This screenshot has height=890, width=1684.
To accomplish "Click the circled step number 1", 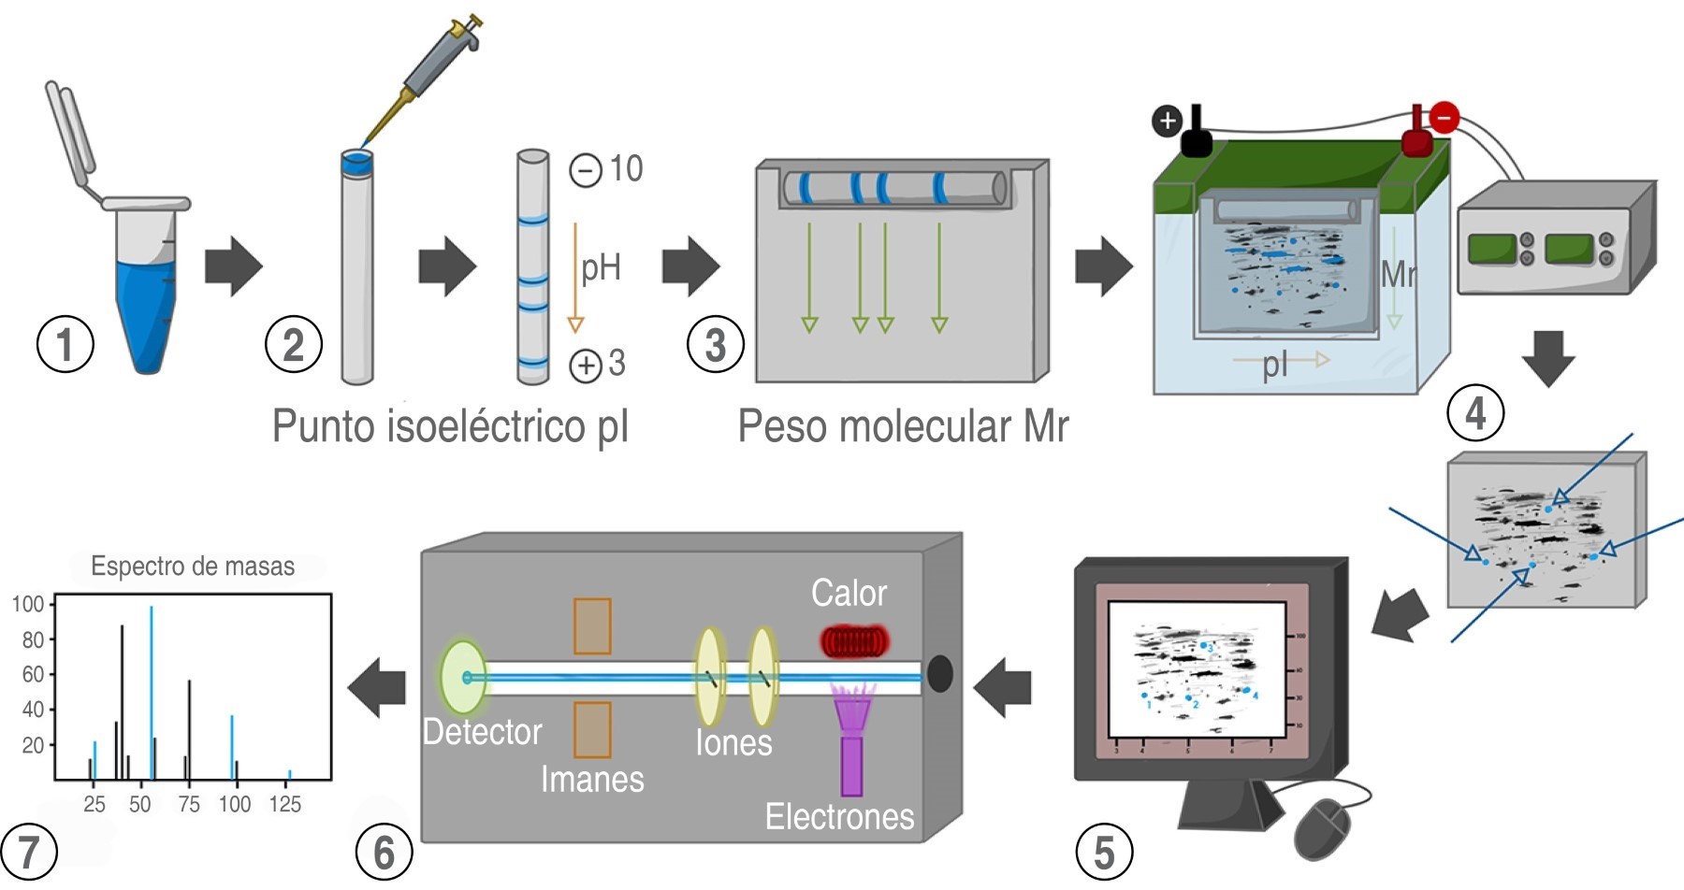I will coord(65,344).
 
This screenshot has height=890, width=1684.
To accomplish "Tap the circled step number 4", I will coord(1474,413).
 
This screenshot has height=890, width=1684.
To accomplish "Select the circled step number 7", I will coord(28,852).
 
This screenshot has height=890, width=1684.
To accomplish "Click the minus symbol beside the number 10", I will coord(586,170).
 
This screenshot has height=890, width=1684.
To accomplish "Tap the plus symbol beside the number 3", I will coord(586,365).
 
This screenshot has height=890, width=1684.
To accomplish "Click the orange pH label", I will coord(601,268).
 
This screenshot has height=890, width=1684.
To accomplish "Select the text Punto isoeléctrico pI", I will coord(450,426).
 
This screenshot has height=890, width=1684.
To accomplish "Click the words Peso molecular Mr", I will coord(903,426).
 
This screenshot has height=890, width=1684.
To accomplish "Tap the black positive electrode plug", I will coord(1196,136).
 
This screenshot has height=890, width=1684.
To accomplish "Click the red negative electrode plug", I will coord(1417,136).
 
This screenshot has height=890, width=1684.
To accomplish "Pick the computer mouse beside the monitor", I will coord(1323,827).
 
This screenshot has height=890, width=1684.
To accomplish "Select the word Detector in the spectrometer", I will coord(482,732).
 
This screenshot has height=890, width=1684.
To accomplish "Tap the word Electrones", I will coord(839,816).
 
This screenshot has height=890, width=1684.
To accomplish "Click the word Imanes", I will coord(592,779).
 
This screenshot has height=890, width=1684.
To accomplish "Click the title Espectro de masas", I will coord(193,566).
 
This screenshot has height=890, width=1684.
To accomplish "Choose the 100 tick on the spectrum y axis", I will coord(29,604).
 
